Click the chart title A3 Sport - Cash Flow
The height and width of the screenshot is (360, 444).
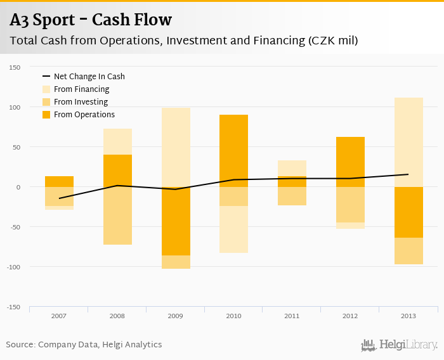pos(91,20)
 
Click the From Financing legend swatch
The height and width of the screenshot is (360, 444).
pos(46,89)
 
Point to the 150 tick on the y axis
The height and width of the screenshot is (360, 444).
pos(15,67)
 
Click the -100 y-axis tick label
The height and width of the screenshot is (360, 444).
pos(14,267)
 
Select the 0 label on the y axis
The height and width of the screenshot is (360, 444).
pos(18,187)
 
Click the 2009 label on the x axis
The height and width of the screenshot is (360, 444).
pos(176,315)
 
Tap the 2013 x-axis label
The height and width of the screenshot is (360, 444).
pos(408,315)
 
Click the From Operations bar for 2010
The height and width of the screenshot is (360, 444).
pos(233,151)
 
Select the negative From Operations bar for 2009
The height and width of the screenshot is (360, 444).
pos(176,221)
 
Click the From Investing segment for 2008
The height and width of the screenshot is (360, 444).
pos(117,215)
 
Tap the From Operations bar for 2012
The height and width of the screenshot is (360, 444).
pos(350,162)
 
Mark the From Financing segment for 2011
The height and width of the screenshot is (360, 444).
pos(292,168)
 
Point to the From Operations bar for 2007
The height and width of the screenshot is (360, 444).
pos(59,181)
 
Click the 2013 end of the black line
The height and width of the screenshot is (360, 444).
pos(408,174)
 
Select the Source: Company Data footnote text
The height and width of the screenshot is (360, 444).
pos(84,345)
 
